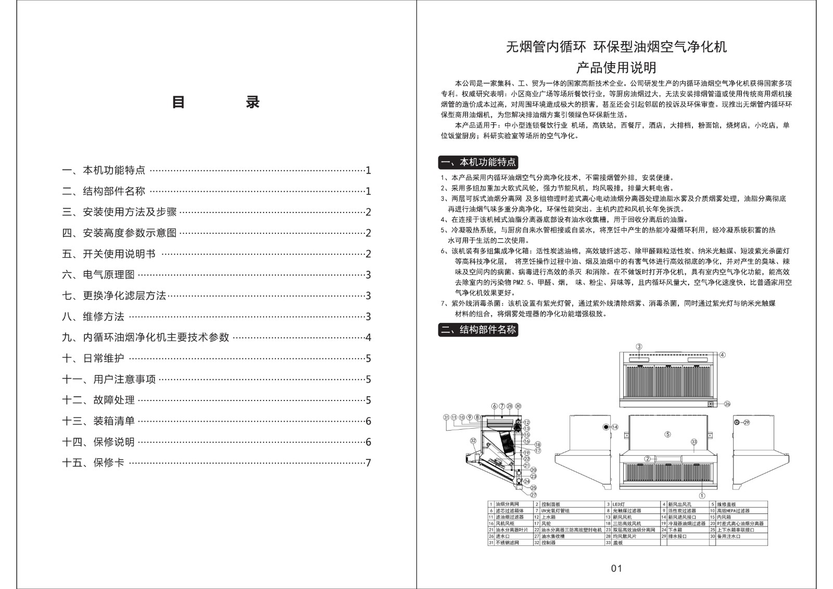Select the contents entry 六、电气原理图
tap(98, 274)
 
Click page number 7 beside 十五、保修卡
tap(368, 462)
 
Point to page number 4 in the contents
tap(368, 337)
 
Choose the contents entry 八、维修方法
tap(93, 317)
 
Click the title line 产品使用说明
tap(616, 67)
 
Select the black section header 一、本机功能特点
tap(478, 162)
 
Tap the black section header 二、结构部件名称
tap(478, 329)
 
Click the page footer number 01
tap(616, 568)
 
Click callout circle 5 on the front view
tap(667, 434)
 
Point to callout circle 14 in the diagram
tap(615, 427)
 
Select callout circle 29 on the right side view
tap(746, 422)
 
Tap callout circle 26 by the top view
tap(727, 404)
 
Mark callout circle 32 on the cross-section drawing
tap(473, 441)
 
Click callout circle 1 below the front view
tap(702, 496)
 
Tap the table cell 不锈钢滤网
tap(504, 542)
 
